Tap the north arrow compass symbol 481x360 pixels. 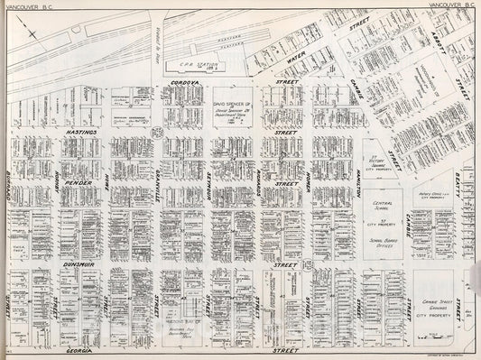[x=32, y=33]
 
